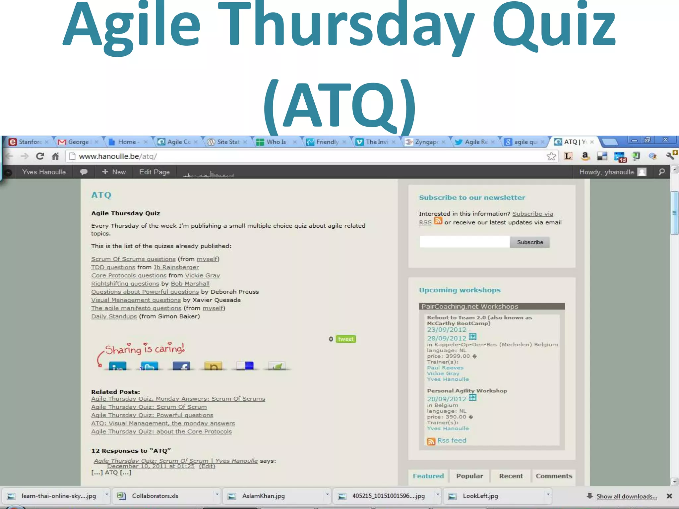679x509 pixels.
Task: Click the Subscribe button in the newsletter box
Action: click(x=529, y=242)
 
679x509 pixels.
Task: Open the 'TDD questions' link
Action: click(x=113, y=267)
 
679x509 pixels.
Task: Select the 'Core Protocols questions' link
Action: click(x=129, y=276)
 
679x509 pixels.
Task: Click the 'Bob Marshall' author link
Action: click(x=190, y=284)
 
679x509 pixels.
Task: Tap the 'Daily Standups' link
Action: click(x=114, y=316)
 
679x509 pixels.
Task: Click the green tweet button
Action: click(x=345, y=339)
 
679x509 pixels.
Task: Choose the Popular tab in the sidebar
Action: click(x=469, y=476)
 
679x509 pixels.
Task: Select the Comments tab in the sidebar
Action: click(x=554, y=476)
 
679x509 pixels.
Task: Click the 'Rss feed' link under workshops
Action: click(x=451, y=440)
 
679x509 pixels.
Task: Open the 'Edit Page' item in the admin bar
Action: click(x=154, y=172)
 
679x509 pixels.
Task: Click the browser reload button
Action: click(x=40, y=156)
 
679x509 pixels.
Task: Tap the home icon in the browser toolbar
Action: click(x=55, y=156)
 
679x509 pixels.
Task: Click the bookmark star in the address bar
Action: click(x=551, y=156)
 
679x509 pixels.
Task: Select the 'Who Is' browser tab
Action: click(x=276, y=142)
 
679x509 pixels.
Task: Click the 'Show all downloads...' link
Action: click(x=626, y=496)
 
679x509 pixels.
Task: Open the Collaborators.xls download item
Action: click(x=155, y=496)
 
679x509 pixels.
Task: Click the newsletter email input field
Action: click(x=464, y=242)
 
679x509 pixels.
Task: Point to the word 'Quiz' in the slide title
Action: click(x=554, y=27)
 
